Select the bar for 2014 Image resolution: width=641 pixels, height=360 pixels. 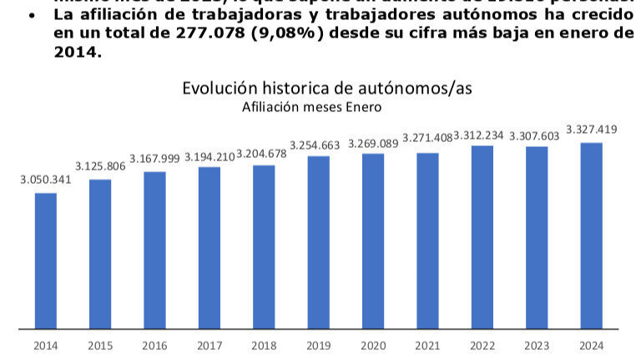pos(46,261)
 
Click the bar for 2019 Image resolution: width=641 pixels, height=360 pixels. pos(319,242)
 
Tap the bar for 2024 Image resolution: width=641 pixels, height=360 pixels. pos(592,236)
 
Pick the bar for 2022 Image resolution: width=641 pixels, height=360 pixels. pos(482,237)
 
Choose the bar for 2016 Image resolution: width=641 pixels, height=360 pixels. pos(155,250)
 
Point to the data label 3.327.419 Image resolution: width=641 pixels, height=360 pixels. pos(592,129)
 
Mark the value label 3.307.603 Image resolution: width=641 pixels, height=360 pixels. pos(537,134)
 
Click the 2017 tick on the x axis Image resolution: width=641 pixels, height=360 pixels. pos(209,345)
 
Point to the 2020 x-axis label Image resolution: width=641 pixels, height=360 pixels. pos(373,345)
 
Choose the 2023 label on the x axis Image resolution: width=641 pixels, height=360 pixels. pos(537,345)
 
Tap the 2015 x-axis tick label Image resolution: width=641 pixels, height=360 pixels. pos(100,345)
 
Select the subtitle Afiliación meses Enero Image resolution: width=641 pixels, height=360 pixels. pos(311,107)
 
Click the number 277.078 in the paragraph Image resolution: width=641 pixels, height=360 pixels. pos(196,33)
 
